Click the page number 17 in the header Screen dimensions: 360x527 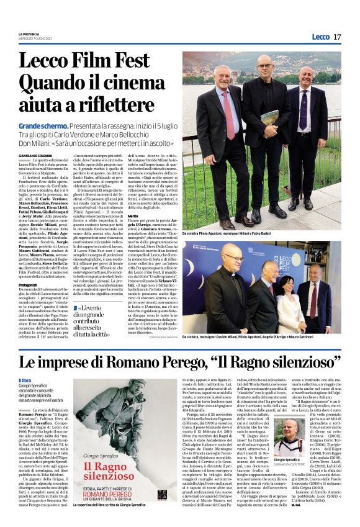point(338,37)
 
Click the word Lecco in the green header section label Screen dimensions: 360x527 point(320,37)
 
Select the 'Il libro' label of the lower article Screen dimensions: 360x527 point(25,380)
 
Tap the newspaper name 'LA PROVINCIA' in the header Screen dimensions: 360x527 point(30,34)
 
